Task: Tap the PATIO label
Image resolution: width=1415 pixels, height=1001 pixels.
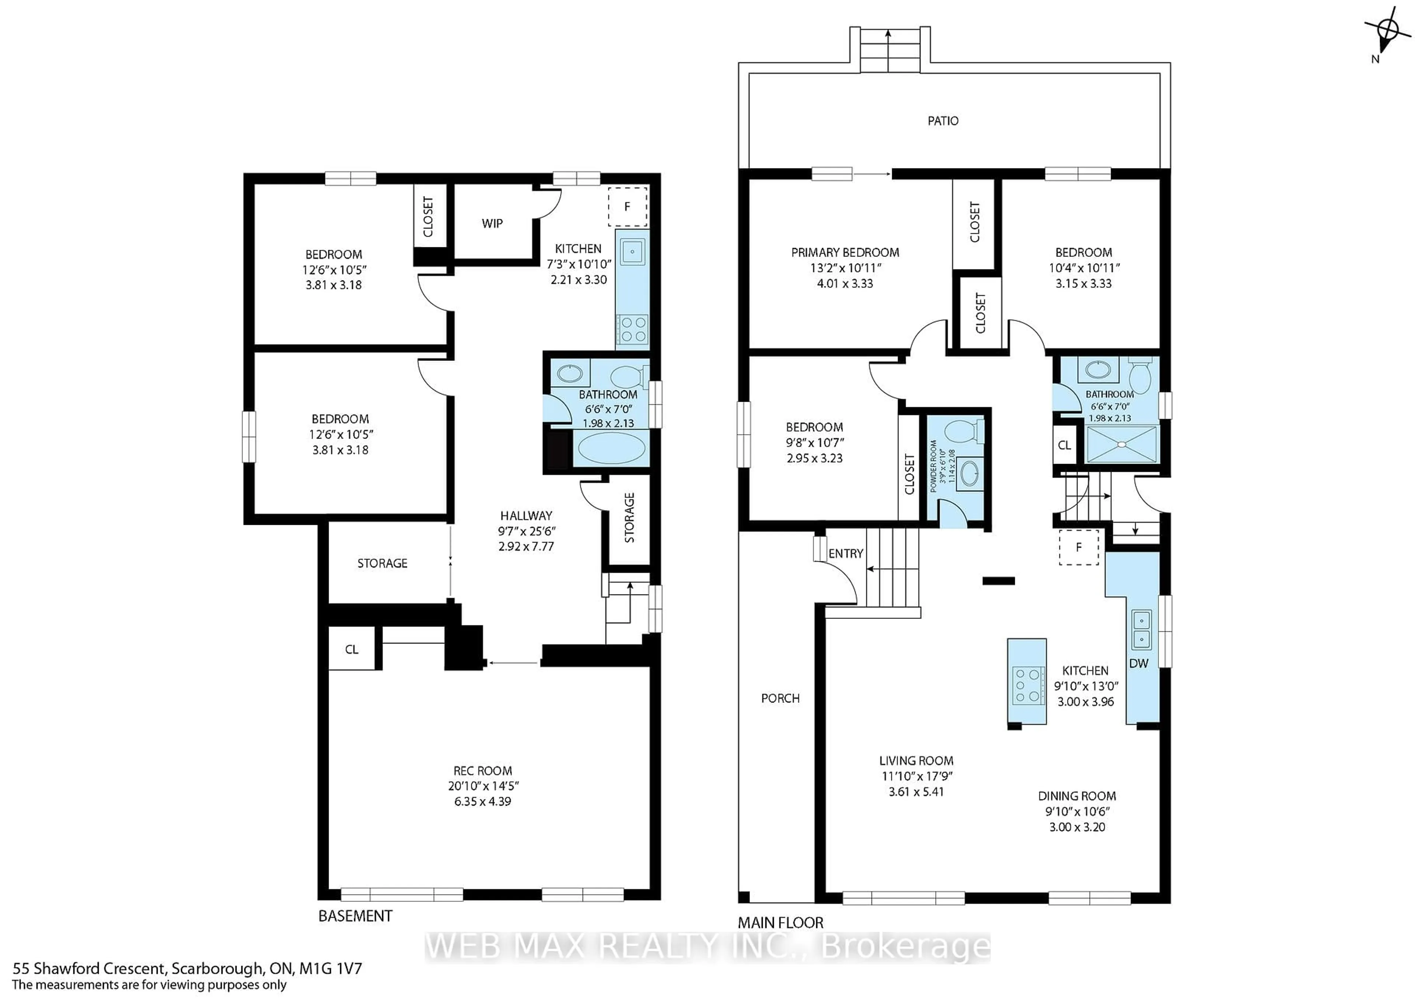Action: pyautogui.click(x=943, y=121)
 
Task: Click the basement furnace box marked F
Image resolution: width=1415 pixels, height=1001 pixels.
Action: pyautogui.click(x=628, y=206)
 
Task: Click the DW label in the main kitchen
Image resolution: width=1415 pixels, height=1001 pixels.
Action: pyautogui.click(x=1138, y=663)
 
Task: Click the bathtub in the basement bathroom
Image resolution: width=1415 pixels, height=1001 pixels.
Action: pyautogui.click(x=611, y=449)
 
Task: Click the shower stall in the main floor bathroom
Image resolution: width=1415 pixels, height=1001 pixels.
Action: pyautogui.click(x=1122, y=444)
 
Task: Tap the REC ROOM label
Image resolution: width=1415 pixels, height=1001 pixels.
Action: pyautogui.click(x=483, y=771)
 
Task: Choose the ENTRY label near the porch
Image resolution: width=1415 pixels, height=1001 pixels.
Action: pyautogui.click(x=846, y=554)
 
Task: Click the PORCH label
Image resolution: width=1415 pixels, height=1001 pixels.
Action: pyautogui.click(x=780, y=698)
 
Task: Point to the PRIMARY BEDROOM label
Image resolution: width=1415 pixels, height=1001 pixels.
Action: pyautogui.click(x=845, y=252)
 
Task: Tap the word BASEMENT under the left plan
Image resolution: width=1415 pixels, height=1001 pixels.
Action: pyautogui.click(x=355, y=916)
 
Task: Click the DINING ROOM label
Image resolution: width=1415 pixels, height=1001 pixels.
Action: pyautogui.click(x=1077, y=796)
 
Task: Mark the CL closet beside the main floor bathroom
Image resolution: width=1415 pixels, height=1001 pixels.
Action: pyautogui.click(x=1064, y=445)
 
